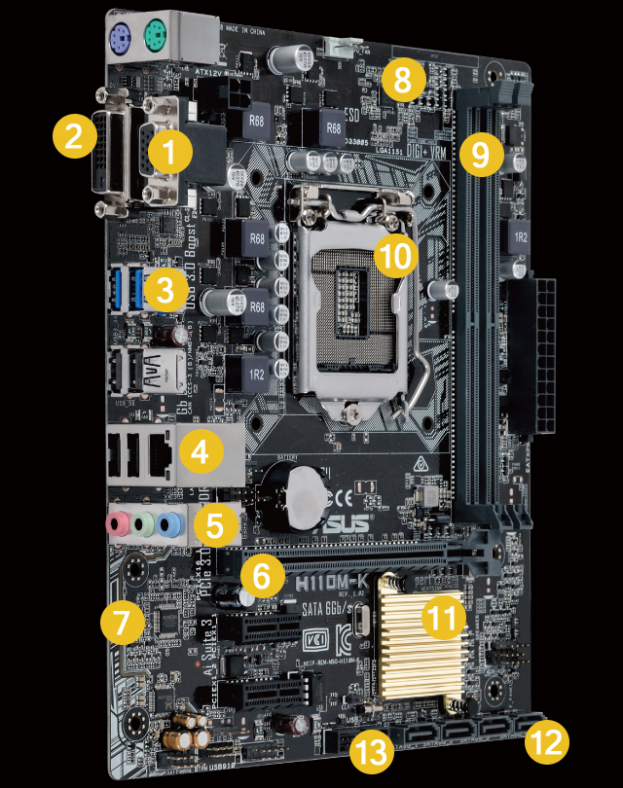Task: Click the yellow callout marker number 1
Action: pyautogui.click(x=170, y=154)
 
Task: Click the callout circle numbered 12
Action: pyautogui.click(x=545, y=742)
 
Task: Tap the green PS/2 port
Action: pyautogui.click(x=156, y=39)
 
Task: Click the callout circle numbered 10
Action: pyautogui.click(x=395, y=256)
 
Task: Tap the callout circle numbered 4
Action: pyautogui.click(x=199, y=450)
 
